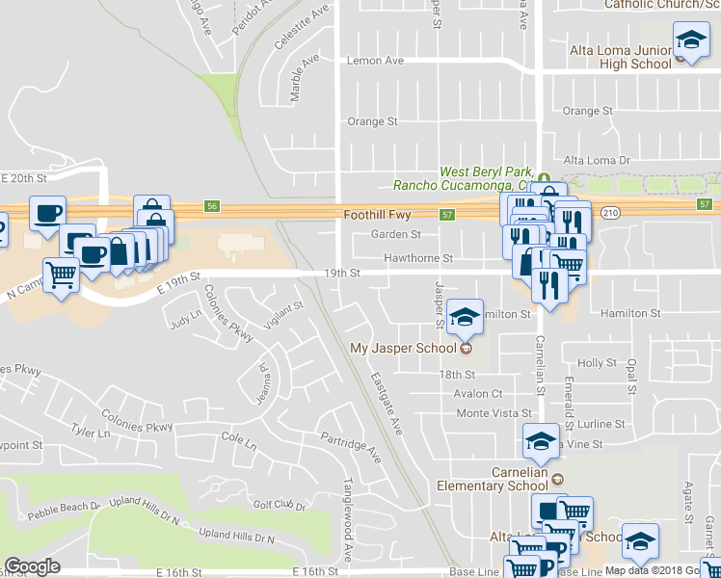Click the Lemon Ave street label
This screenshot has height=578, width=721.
[x=375, y=60]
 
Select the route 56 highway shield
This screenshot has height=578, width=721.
[x=212, y=206]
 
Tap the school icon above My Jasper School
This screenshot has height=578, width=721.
[x=465, y=314]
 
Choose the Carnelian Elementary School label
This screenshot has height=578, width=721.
[x=505, y=479]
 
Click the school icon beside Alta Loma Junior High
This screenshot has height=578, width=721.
[x=690, y=42]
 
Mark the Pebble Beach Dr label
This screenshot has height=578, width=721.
[x=64, y=506]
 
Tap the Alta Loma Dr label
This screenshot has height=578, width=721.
[x=596, y=160]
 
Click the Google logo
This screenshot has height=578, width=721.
[x=32, y=566]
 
